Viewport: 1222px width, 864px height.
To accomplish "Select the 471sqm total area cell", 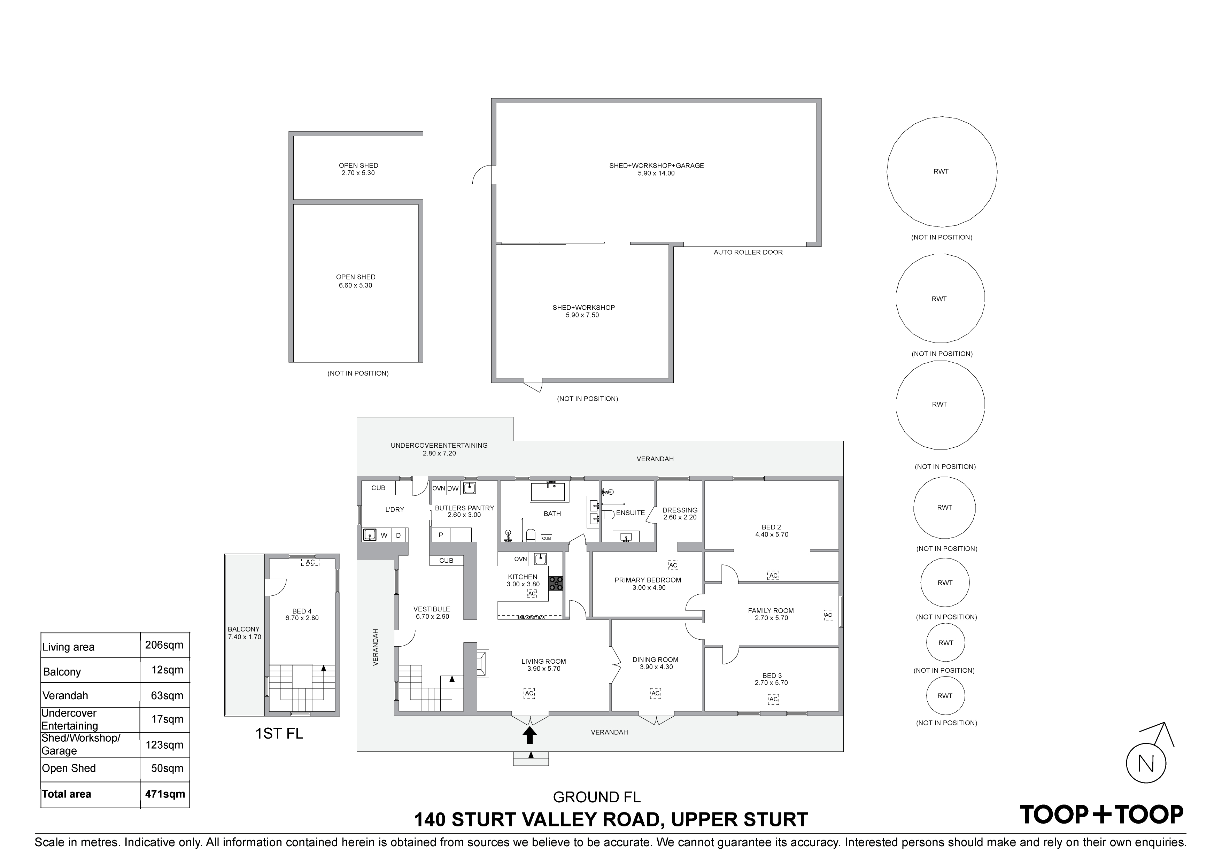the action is [165, 794].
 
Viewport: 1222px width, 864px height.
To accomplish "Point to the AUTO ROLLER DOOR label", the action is [748, 252].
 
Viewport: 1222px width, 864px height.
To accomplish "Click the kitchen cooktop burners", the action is [556, 584].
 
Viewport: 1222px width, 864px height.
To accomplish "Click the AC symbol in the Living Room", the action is [529, 693].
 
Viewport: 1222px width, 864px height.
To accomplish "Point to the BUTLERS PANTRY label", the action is [464, 508].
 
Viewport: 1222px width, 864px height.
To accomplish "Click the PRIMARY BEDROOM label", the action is [648, 580].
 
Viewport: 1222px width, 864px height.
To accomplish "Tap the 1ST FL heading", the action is [279, 734].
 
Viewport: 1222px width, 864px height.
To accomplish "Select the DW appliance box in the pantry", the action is [453, 488].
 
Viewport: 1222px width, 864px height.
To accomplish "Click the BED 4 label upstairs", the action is [302, 611].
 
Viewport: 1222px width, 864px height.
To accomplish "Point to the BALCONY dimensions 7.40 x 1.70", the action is [244, 637].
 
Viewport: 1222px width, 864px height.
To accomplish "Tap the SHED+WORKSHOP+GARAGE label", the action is [656, 165].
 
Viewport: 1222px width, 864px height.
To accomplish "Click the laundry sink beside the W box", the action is [369, 534].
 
